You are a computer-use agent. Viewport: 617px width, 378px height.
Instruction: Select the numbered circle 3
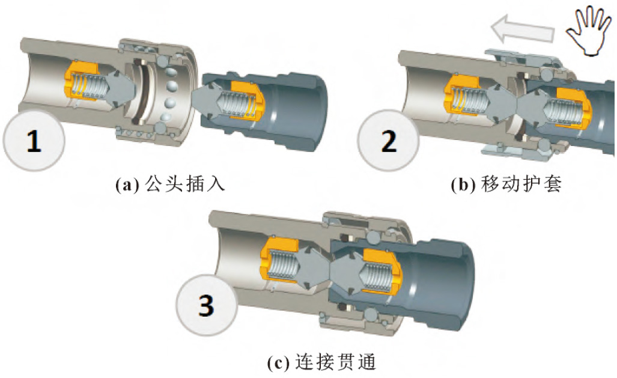tap(206, 307)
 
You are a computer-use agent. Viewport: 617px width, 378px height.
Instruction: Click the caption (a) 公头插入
tap(170, 184)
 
